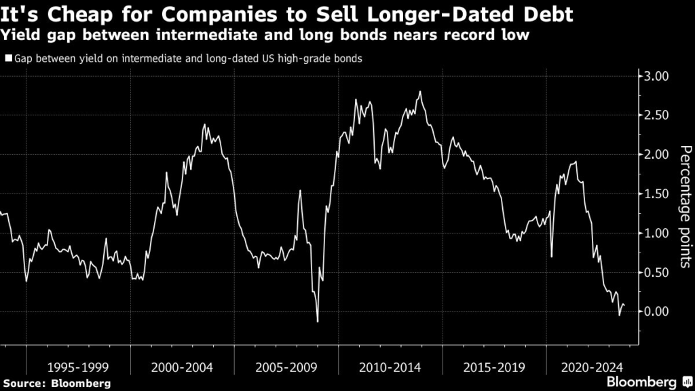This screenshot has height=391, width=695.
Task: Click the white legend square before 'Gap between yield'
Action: coord(8,58)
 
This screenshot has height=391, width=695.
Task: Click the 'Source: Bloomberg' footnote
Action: coord(56,384)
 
